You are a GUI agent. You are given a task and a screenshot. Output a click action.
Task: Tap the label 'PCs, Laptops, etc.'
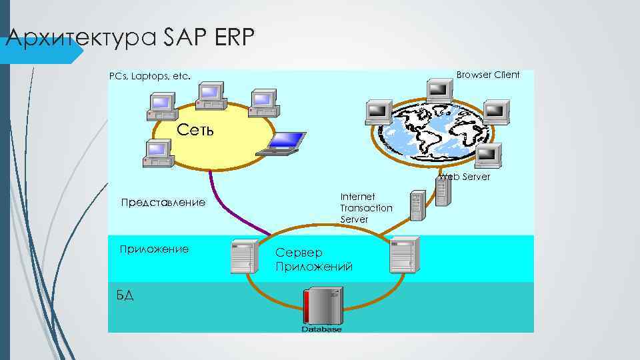tap(150, 77)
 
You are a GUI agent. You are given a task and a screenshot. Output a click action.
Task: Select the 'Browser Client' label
tap(487, 75)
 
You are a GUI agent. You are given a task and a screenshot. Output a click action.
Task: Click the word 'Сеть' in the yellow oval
tap(196, 129)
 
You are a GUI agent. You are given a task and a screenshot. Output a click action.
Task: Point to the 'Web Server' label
tap(465, 177)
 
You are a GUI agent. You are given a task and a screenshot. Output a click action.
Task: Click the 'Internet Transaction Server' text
tap(366, 207)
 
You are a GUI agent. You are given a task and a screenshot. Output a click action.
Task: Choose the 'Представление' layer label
tap(163, 202)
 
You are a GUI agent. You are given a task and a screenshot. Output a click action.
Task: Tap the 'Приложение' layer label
tap(153, 249)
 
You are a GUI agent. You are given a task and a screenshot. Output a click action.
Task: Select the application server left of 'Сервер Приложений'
tap(244, 256)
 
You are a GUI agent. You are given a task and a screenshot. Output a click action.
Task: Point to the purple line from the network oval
tap(233, 207)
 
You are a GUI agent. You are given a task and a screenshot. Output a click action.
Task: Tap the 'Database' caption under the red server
tap(321, 329)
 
